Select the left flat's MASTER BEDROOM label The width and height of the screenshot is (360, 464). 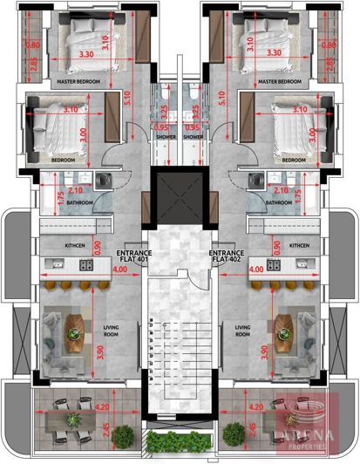[78, 81]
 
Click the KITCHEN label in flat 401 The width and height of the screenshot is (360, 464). [75, 246]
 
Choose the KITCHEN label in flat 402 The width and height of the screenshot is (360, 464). [299, 246]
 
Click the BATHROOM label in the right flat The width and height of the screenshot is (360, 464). [279, 203]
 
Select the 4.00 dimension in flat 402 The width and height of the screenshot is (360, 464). [256, 270]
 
